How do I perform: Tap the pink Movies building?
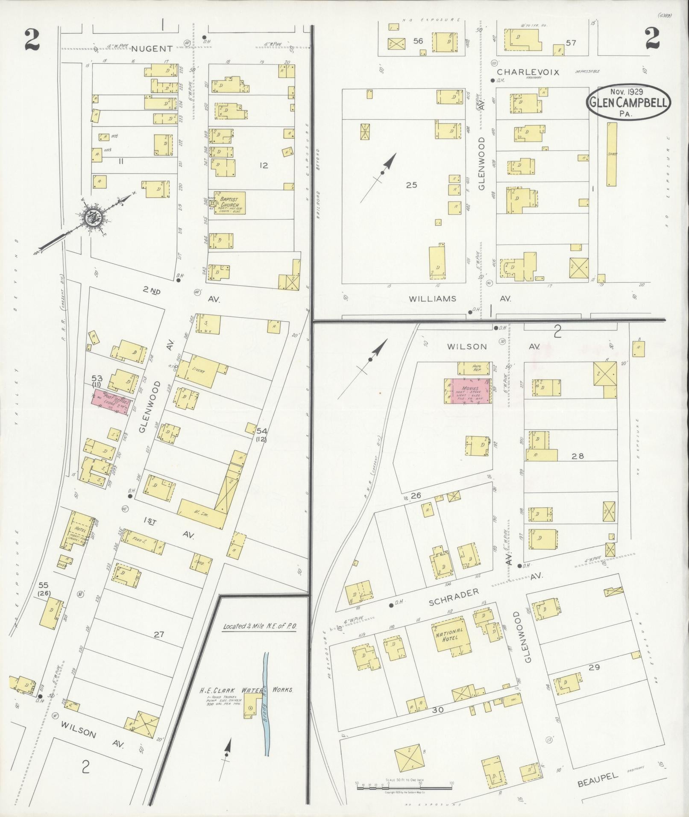click(468, 390)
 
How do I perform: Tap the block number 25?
click(412, 185)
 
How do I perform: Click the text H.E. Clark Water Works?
click(247, 690)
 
